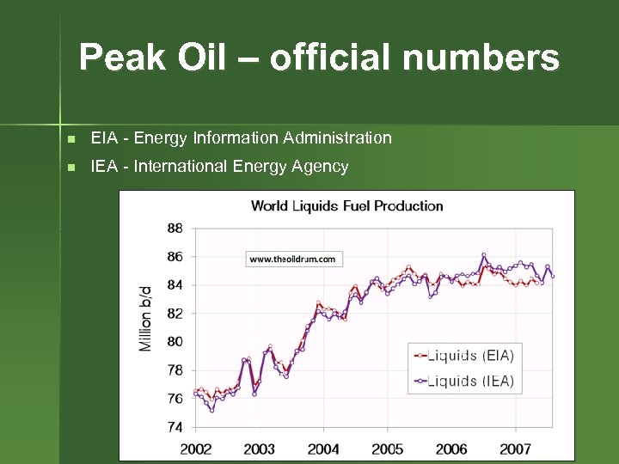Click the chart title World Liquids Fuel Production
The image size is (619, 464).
[x=346, y=205]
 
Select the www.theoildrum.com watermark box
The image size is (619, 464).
[x=294, y=258]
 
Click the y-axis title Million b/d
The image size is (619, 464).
[x=145, y=318]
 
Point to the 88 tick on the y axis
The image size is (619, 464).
[x=175, y=229]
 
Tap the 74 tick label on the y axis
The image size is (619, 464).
[x=175, y=426]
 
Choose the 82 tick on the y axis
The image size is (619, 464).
[x=175, y=314]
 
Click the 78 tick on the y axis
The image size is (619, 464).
[x=175, y=370]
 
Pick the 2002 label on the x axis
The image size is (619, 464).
[x=195, y=449]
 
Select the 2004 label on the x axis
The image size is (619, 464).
[x=323, y=449]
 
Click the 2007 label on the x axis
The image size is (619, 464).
[x=515, y=449]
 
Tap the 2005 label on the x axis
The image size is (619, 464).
[x=388, y=449]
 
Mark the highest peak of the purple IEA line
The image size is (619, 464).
[x=484, y=254]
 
